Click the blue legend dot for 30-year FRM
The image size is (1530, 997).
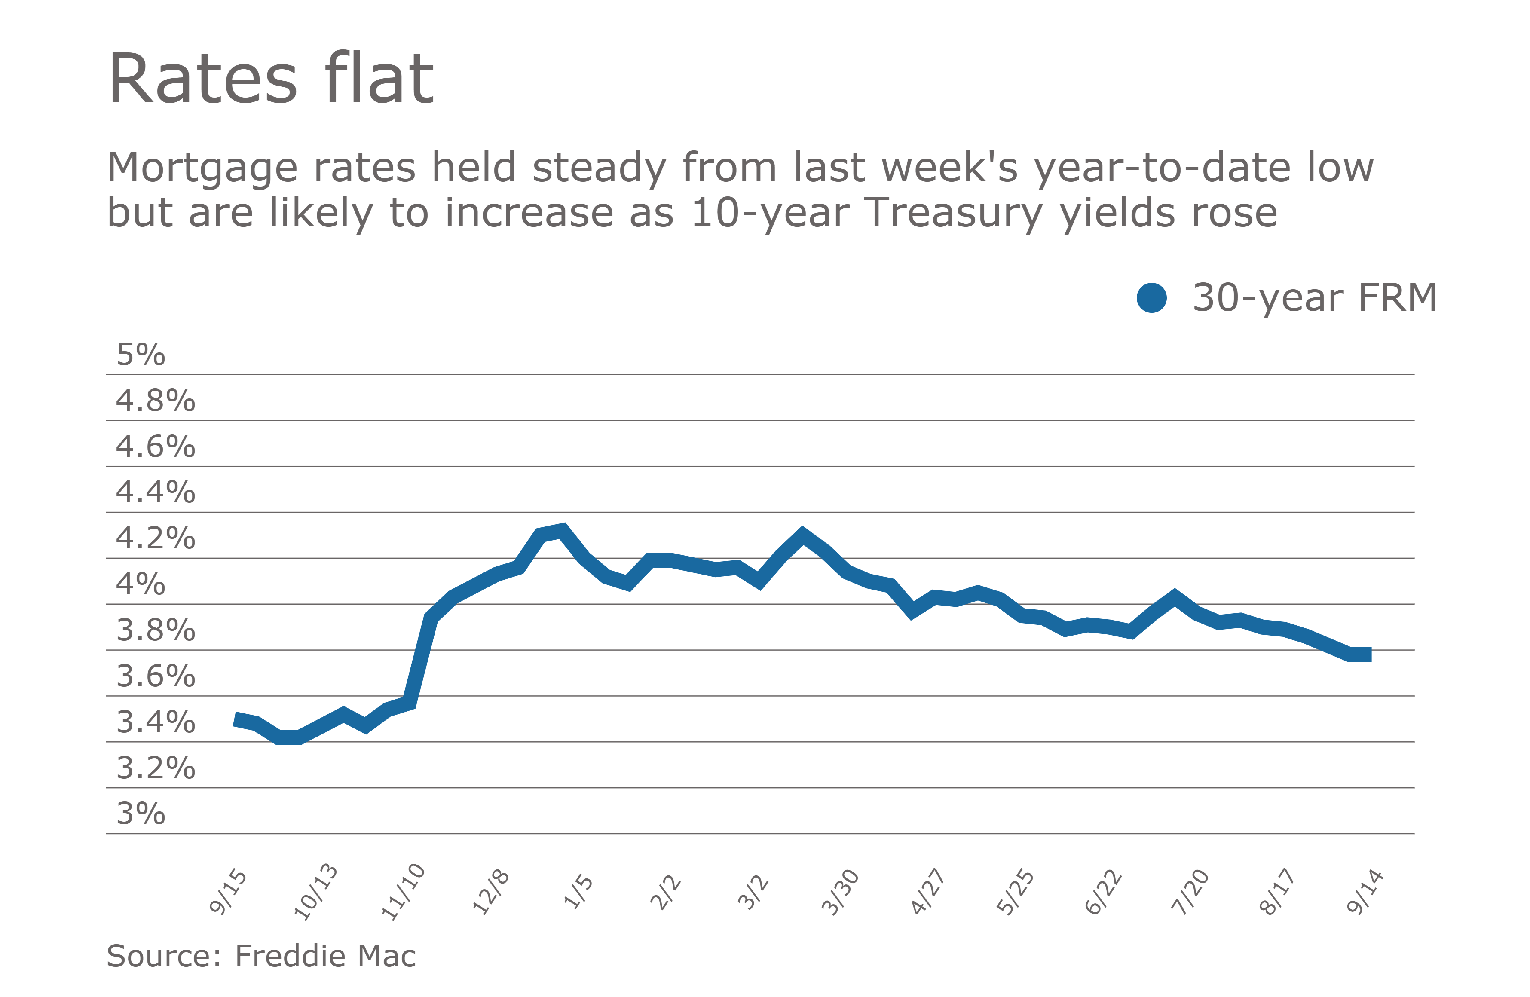pyautogui.click(x=1151, y=298)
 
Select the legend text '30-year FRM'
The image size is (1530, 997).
pyautogui.click(x=1314, y=298)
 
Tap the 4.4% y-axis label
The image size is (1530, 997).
pyautogui.click(x=155, y=492)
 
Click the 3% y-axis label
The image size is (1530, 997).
pyautogui.click(x=140, y=814)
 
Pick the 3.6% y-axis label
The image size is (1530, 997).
pyautogui.click(x=155, y=676)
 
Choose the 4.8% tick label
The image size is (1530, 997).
pyautogui.click(x=155, y=401)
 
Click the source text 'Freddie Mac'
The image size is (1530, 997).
pyautogui.click(x=325, y=956)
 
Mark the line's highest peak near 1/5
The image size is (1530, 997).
pyautogui.click(x=563, y=530)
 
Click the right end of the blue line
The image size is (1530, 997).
pyautogui.click(x=1369, y=654)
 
